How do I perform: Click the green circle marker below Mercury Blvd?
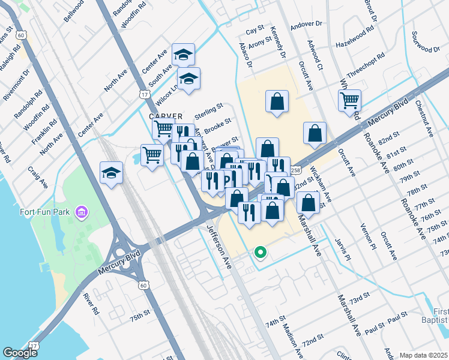(x=260, y=253)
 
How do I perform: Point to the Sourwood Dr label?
(x=427, y=44)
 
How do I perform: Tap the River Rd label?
(x=91, y=304)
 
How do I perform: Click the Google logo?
(x=20, y=353)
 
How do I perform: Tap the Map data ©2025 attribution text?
(x=423, y=355)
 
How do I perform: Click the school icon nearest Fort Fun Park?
(x=111, y=173)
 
